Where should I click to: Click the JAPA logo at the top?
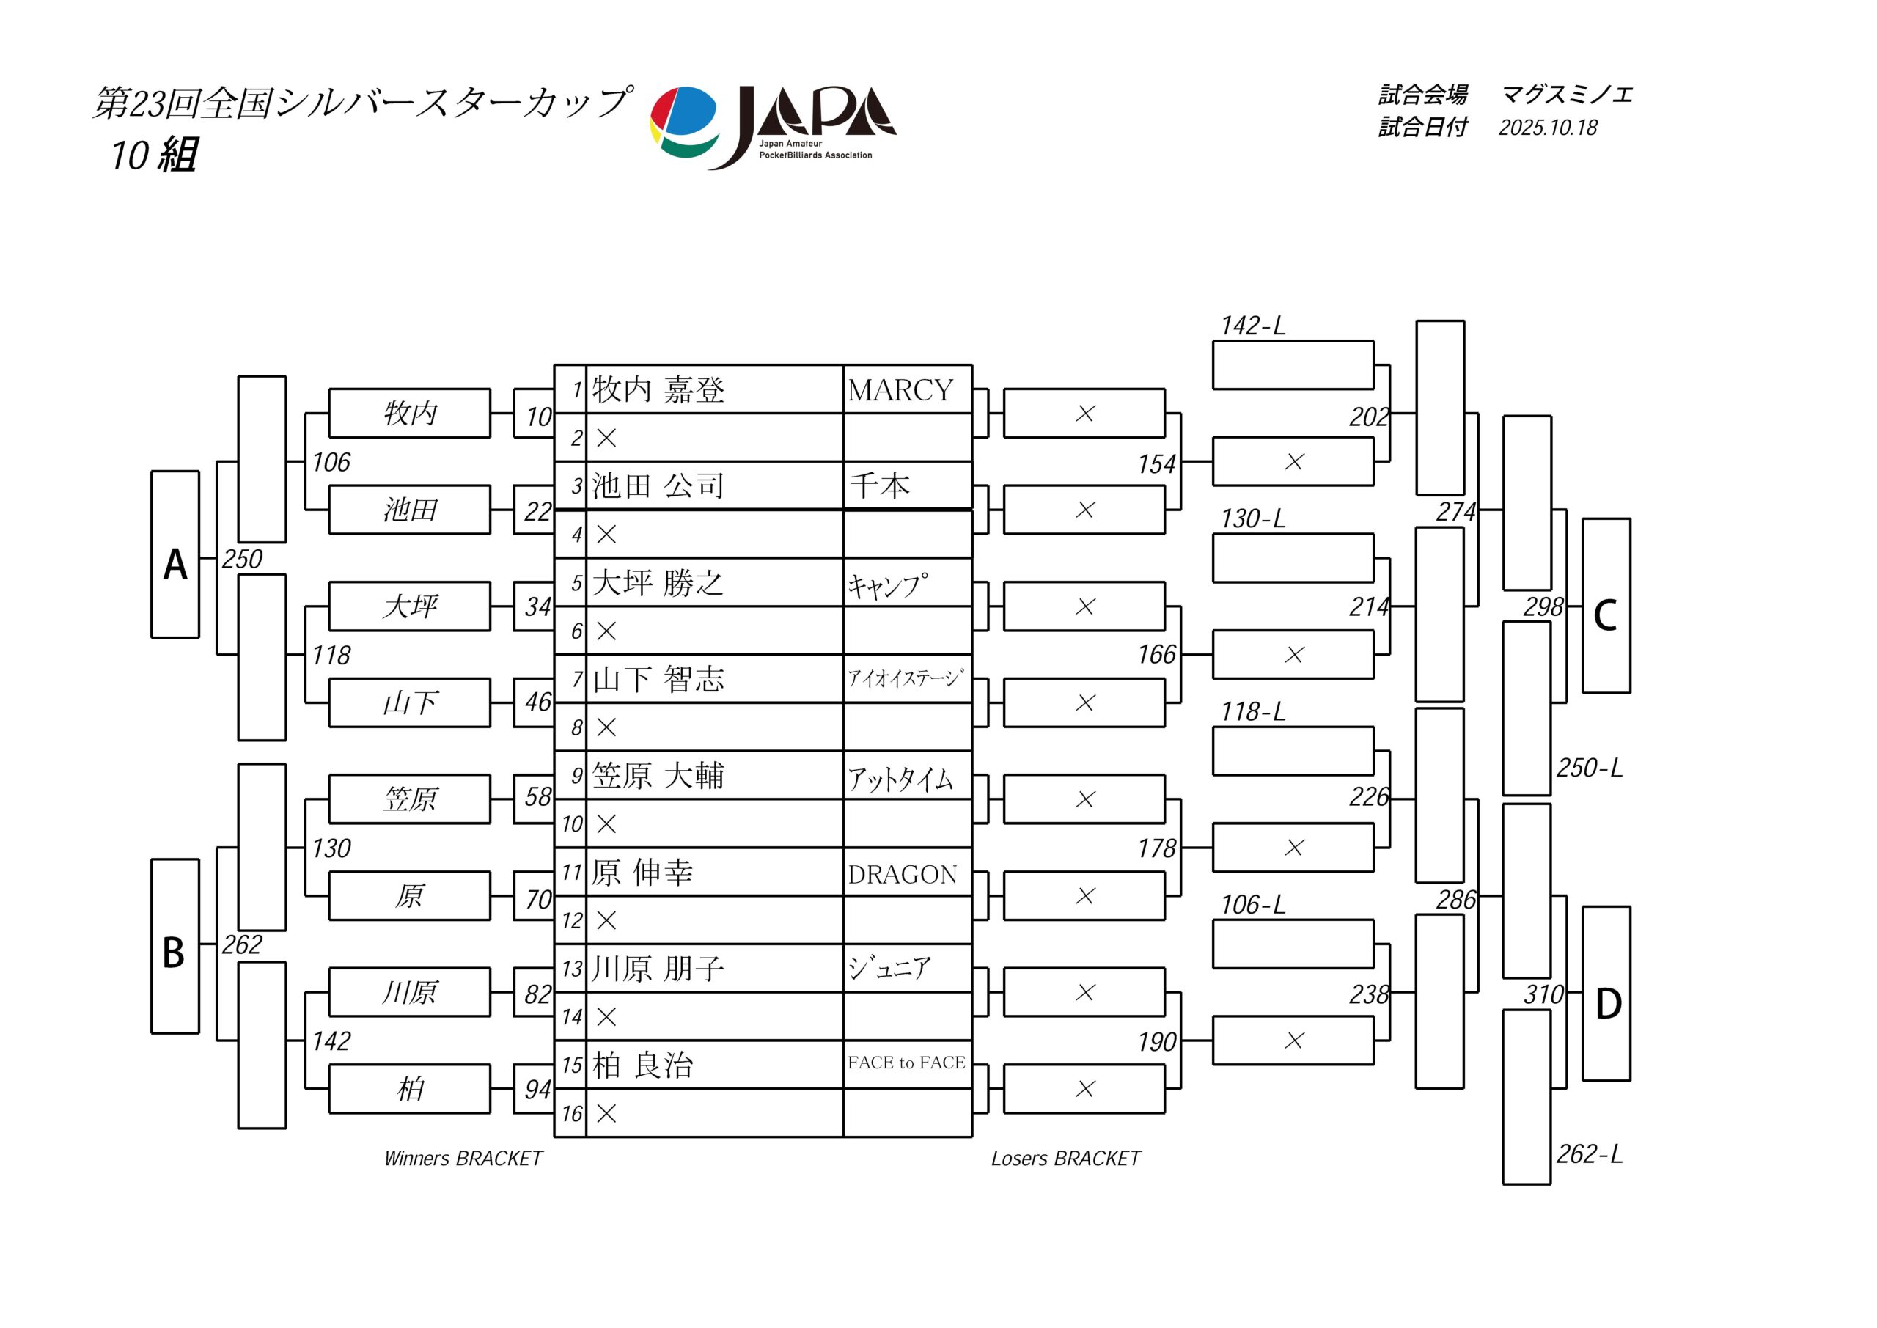point(773,127)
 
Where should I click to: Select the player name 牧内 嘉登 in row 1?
point(658,389)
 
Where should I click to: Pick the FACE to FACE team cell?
point(907,1063)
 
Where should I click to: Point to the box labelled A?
point(175,554)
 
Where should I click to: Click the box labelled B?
point(175,946)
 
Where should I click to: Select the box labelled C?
point(1606,606)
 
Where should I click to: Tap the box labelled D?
point(1606,994)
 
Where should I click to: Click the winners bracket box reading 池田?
point(410,510)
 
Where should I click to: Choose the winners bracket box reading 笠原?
point(410,799)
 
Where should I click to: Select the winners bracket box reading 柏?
point(410,1089)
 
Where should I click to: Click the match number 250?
point(242,560)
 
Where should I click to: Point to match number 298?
point(1543,606)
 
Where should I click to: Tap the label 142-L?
point(1252,326)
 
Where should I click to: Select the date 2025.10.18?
point(1548,128)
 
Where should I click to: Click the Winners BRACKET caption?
point(463,1159)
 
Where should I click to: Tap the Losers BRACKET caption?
point(1065,1159)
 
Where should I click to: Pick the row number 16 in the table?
point(571,1114)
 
